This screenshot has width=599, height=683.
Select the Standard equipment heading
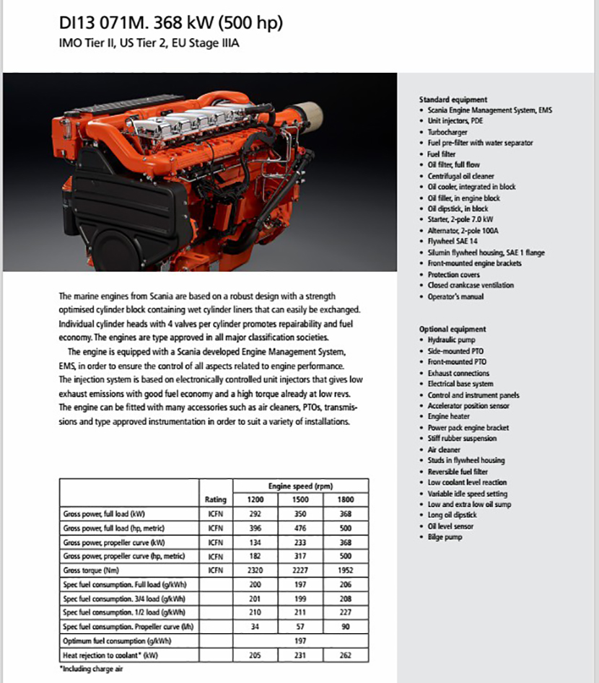(452, 99)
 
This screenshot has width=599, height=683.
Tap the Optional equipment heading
(452, 329)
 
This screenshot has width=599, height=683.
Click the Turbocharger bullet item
(447, 132)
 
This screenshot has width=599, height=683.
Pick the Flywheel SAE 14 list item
(452, 242)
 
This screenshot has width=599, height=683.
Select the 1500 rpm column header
(301, 500)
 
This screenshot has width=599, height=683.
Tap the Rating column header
(216, 500)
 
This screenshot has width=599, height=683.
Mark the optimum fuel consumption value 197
(301, 640)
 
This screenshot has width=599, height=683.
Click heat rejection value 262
(345, 655)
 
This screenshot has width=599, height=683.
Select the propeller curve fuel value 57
(301, 626)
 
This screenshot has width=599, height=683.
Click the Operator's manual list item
(455, 296)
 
